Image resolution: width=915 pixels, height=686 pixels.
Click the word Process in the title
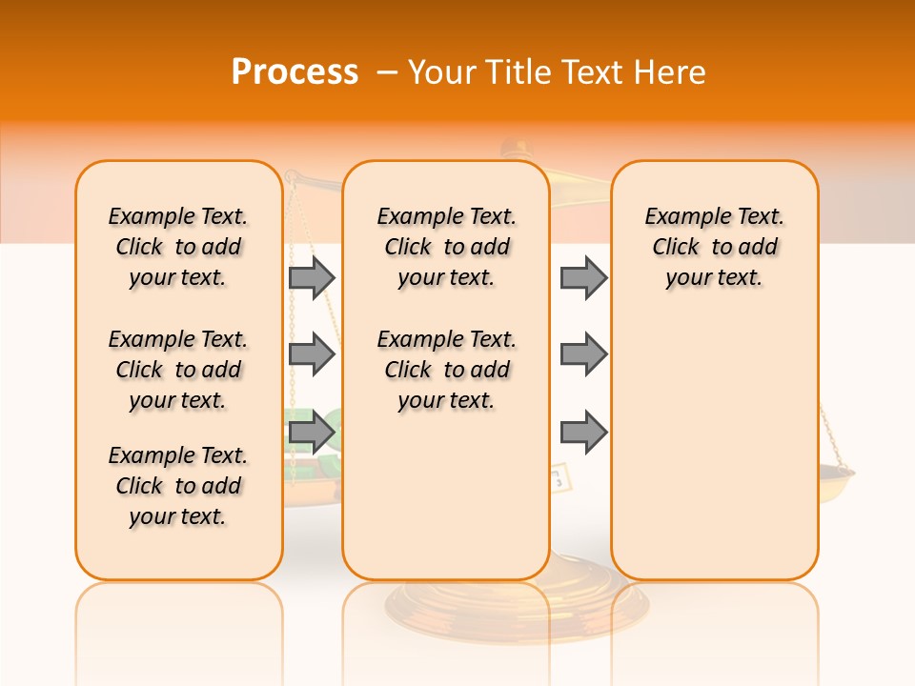click(x=295, y=72)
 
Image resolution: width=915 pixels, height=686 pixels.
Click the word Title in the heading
click(x=518, y=72)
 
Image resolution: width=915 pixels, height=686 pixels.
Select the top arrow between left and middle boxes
click(x=312, y=277)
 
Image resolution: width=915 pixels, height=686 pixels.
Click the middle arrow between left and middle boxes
click(x=312, y=354)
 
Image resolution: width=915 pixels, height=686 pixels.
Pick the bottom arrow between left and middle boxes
click(x=312, y=434)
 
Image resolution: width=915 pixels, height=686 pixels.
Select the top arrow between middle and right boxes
click(x=583, y=277)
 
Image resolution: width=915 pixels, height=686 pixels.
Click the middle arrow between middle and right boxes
click(x=583, y=354)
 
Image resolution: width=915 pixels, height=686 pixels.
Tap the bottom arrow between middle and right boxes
click(x=583, y=434)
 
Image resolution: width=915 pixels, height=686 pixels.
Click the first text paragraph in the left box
click(x=178, y=247)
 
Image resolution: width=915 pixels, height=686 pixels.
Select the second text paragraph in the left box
click(x=178, y=370)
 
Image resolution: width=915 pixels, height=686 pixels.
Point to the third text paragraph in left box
click(x=178, y=486)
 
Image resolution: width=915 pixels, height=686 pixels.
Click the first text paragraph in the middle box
click(x=447, y=247)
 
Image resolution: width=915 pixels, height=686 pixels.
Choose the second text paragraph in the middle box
click(x=447, y=370)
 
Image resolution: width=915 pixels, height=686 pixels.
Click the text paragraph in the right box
click(x=715, y=247)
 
